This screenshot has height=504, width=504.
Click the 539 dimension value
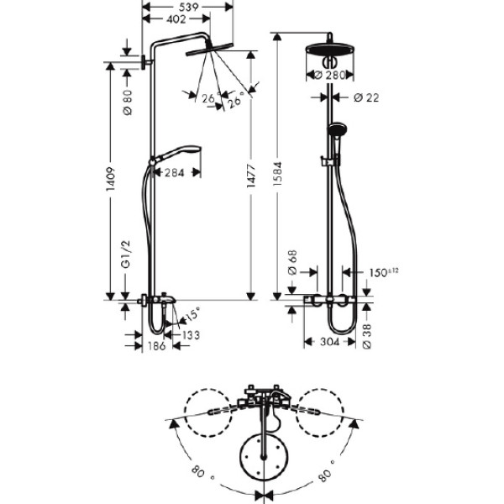click(189, 7)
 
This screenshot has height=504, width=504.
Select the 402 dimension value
click(176, 19)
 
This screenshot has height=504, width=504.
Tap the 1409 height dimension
click(111, 179)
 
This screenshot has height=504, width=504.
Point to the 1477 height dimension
click(251, 176)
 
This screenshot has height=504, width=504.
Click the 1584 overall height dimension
click(277, 174)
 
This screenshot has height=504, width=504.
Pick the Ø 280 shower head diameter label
click(329, 76)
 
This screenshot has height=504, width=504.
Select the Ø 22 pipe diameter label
click(366, 97)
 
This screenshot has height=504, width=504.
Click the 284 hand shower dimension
click(175, 173)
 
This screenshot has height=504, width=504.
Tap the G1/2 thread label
click(126, 254)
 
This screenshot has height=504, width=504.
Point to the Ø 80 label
click(128, 102)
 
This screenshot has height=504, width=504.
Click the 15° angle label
click(192, 314)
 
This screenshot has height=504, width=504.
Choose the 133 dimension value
click(192, 335)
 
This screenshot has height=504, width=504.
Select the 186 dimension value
click(157, 346)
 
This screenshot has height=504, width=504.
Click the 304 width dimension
click(330, 342)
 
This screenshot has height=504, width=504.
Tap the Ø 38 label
click(367, 336)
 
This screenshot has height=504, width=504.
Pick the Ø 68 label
click(293, 263)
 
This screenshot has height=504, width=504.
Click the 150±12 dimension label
click(384, 272)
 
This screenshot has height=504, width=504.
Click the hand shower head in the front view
click(336, 129)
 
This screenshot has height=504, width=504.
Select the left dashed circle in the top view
click(208, 412)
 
